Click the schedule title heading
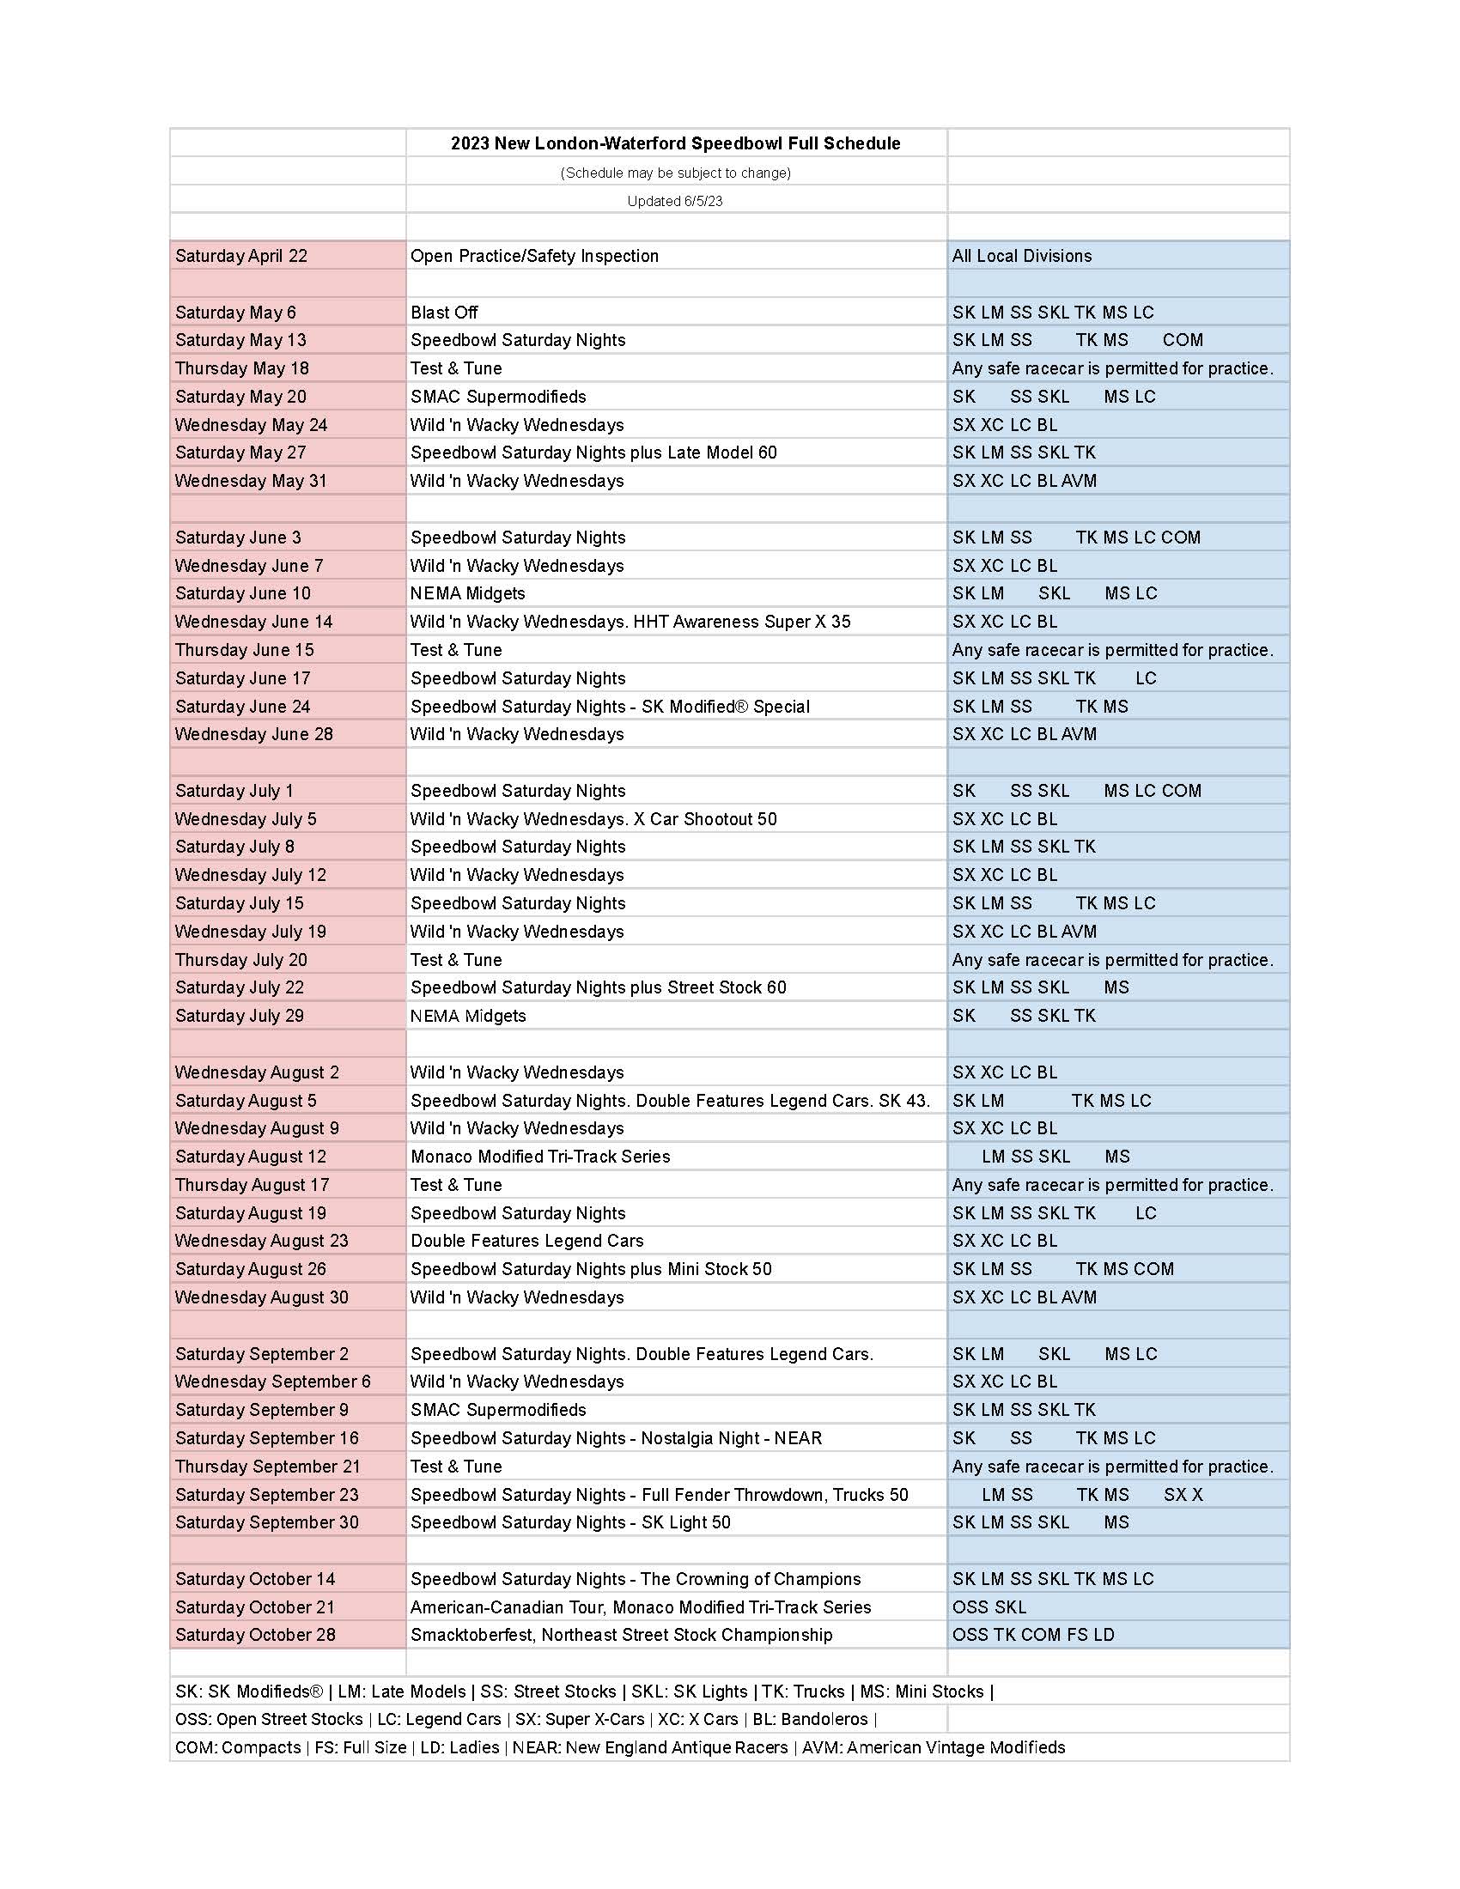675,143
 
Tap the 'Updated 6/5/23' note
675,201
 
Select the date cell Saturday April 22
241,256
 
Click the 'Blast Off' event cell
444,313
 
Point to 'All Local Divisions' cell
1021,256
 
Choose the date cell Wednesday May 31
251,481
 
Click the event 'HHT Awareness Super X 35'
630,622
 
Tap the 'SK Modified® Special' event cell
610,707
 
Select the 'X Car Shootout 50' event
593,819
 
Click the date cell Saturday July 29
240,1017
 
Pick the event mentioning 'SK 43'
670,1101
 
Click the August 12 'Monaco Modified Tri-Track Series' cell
539,1157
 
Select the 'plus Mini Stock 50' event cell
591,1270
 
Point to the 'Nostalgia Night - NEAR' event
616,1438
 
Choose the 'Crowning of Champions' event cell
635,1579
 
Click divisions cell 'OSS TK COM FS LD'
1032,1635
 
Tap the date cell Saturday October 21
254,1607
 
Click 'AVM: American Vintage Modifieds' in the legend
934,1747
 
